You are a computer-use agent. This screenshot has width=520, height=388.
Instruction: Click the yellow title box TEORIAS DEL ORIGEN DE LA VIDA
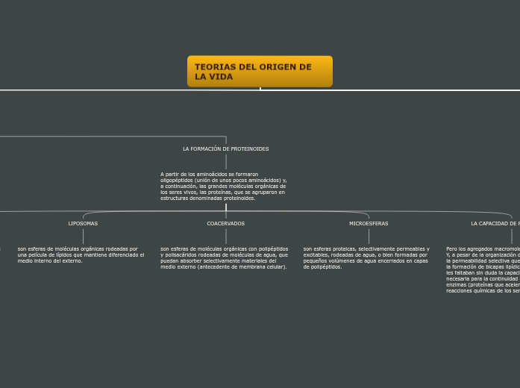[260, 72]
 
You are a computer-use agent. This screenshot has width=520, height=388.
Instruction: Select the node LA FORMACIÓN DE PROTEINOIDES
[225, 149]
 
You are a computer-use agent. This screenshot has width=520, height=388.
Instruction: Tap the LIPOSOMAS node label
[83, 224]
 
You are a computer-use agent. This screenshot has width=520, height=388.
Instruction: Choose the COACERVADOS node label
[225, 224]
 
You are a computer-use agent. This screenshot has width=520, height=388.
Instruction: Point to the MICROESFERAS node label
[369, 224]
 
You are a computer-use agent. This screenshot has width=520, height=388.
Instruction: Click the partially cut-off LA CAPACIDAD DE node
[495, 224]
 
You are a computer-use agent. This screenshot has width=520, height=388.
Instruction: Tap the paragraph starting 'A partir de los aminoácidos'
[224, 186]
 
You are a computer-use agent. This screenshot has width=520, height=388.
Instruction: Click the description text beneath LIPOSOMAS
[81, 254]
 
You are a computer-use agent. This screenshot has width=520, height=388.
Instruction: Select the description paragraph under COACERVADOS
[224, 257]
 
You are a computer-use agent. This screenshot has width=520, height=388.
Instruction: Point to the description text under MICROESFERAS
[366, 257]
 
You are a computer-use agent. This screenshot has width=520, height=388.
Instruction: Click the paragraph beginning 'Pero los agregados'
[483, 269]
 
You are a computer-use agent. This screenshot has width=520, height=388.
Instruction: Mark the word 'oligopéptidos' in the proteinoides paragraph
[178, 181]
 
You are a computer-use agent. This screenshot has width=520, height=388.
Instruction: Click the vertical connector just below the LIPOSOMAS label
[83, 236]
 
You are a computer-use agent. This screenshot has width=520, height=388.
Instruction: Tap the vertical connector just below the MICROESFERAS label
[369, 236]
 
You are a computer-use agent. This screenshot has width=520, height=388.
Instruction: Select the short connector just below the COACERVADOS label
[225, 236]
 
